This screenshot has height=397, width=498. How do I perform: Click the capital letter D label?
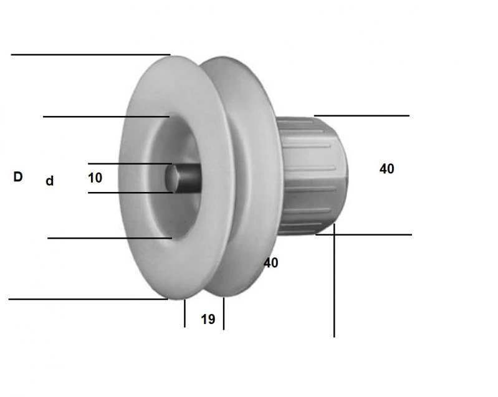[x=17, y=177]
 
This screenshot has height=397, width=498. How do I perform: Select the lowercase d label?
[x=50, y=181]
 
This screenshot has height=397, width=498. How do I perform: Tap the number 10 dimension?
[x=95, y=178]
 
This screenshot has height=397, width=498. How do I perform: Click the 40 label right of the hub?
[x=386, y=169]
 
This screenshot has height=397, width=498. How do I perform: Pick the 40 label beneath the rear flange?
[x=271, y=263]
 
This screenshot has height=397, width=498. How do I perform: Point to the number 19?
[x=208, y=320]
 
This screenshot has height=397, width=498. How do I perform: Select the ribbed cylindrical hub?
[x=312, y=175]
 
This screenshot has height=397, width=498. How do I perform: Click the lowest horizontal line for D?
[x=87, y=299]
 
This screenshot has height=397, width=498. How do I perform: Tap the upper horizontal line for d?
[x=106, y=117]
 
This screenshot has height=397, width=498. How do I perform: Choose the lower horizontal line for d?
[x=109, y=238]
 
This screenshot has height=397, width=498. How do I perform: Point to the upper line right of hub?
[x=362, y=115]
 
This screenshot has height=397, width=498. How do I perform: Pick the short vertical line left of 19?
[x=184, y=313]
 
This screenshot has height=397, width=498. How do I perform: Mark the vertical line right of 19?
[x=224, y=313]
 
